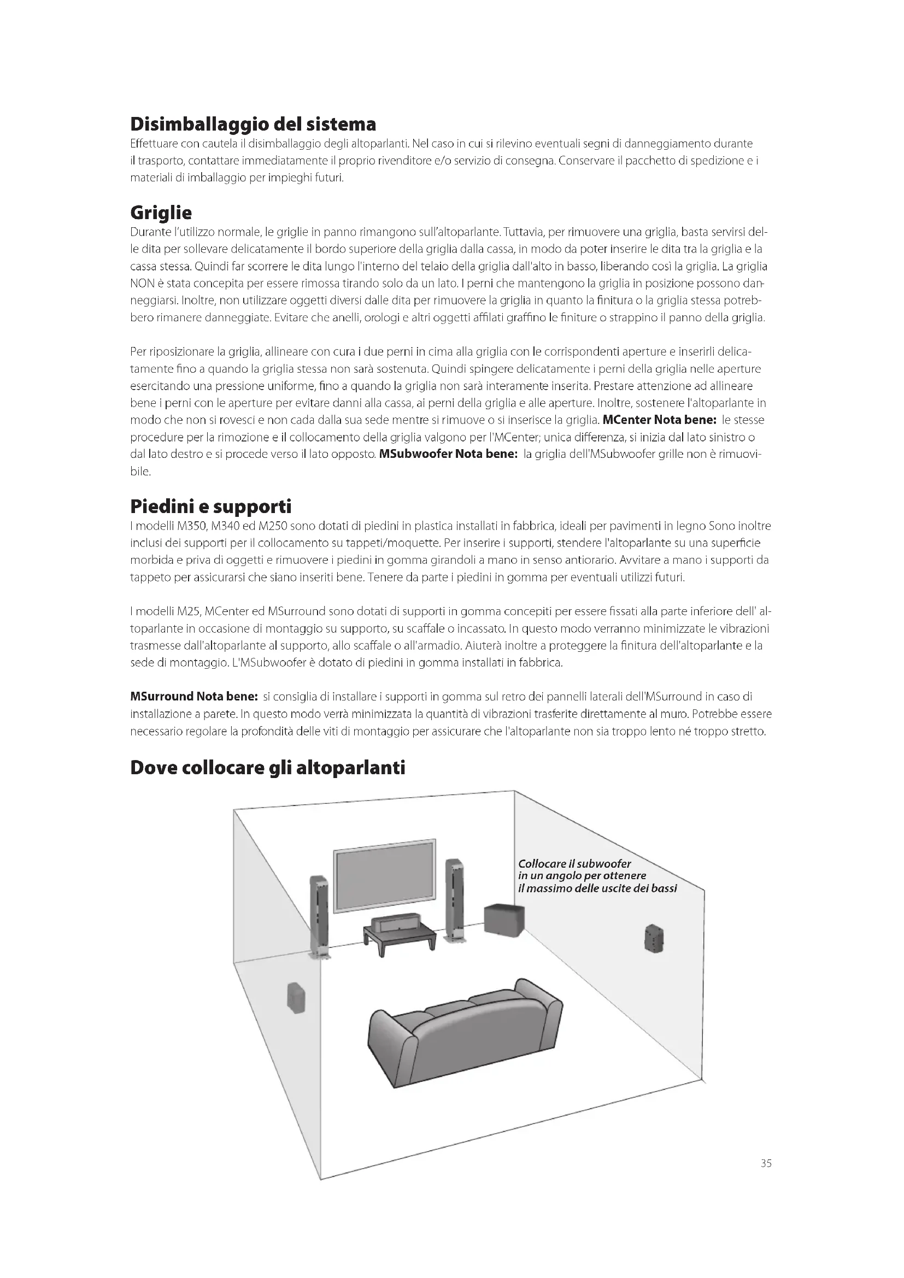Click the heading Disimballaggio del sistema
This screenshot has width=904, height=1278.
click(x=253, y=123)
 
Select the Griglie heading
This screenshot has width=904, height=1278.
click(x=161, y=213)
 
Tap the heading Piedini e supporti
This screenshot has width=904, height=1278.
click(x=210, y=507)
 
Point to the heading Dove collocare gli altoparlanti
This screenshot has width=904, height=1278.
click(x=267, y=768)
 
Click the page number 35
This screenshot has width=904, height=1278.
click(x=766, y=1163)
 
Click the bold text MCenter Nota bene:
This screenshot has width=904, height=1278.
click(x=659, y=420)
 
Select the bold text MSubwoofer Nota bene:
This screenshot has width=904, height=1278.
click(x=448, y=454)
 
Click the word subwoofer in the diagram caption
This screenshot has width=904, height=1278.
click(x=604, y=864)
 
